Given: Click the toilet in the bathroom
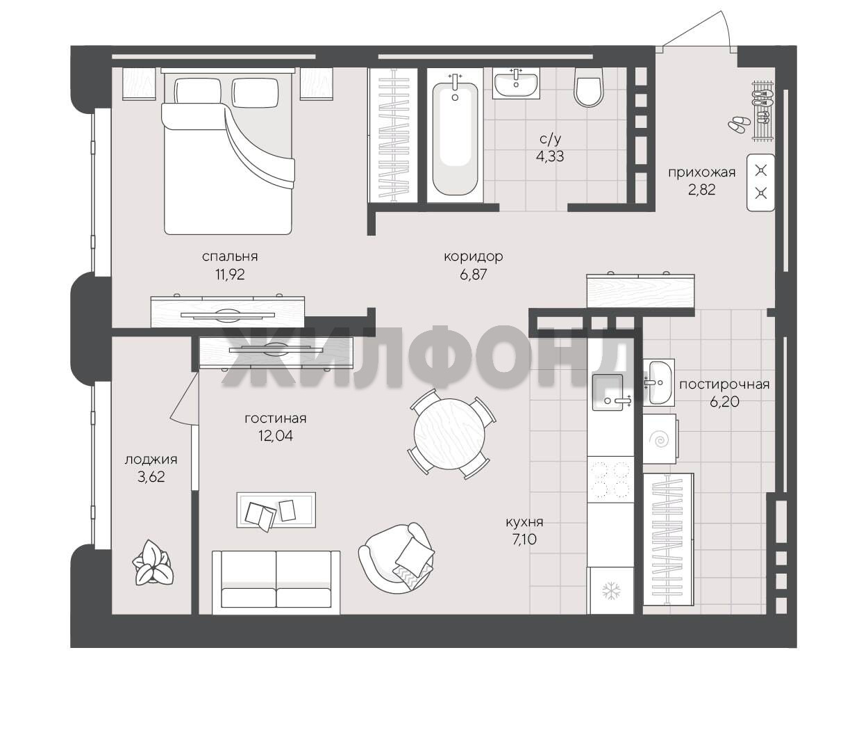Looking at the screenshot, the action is pyautogui.click(x=589, y=87).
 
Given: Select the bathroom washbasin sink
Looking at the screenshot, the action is pyautogui.click(x=516, y=83).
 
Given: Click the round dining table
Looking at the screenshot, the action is pyautogui.click(x=450, y=434).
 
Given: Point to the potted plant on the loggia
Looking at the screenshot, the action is pyautogui.click(x=153, y=562).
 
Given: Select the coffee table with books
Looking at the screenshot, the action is pyautogui.click(x=276, y=510).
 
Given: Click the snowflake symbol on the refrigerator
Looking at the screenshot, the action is pyautogui.click(x=612, y=590).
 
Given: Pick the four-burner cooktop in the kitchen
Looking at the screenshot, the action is pyautogui.click(x=610, y=480).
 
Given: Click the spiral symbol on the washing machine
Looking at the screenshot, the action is pyautogui.click(x=660, y=439).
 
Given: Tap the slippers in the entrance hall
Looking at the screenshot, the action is pyautogui.click(x=739, y=124).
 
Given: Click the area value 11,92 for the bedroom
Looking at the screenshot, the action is pyautogui.click(x=230, y=274).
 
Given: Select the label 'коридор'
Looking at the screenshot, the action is pyautogui.click(x=474, y=257).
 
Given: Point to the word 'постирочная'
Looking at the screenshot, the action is pyautogui.click(x=724, y=384).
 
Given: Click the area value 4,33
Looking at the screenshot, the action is pyautogui.click(x=550, y=156).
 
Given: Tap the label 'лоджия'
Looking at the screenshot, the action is pyautogui.click(x=151, y=460).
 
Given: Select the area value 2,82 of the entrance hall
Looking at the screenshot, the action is pyautogui.click(x=702, y=190).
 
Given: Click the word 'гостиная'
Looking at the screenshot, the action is pyautogui.click(x=275, y=419).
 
